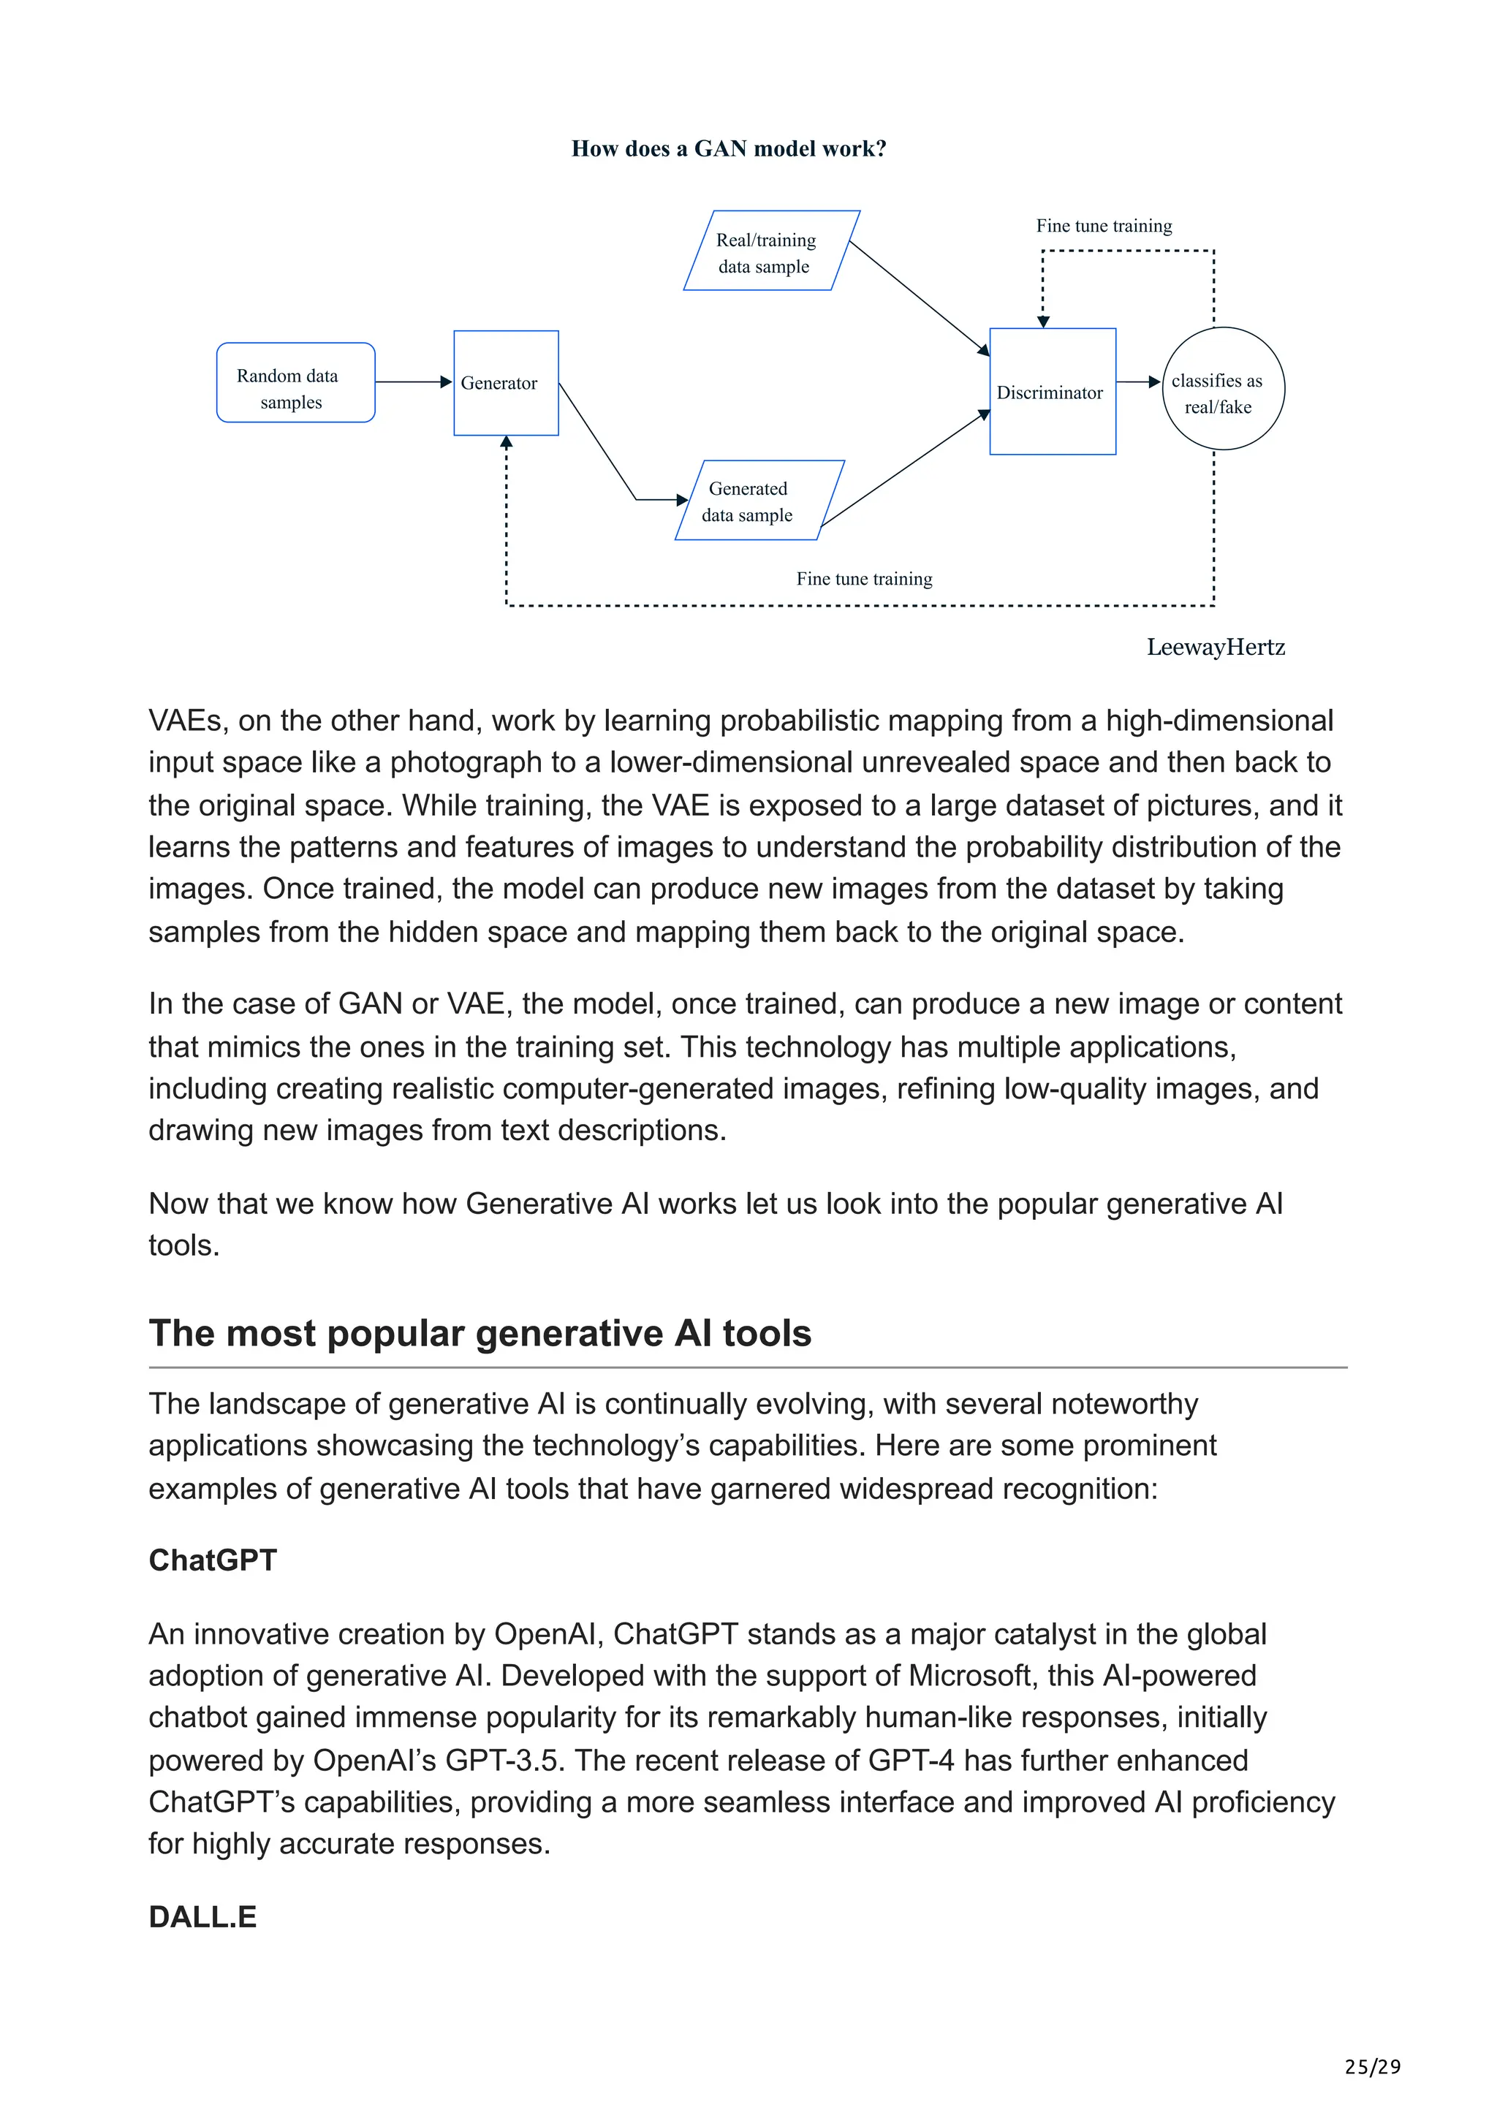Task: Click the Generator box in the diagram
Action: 505,383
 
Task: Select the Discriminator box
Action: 1052,392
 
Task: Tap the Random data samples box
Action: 295,383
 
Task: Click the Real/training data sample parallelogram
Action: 770,251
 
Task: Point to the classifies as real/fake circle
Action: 1222,390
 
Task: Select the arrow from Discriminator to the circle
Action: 1138,382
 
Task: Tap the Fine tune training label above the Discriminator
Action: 1103,226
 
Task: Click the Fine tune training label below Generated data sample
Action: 863,580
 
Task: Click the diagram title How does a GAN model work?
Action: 729,148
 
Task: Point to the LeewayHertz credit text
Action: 1215,648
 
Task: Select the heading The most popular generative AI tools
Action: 480,1334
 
